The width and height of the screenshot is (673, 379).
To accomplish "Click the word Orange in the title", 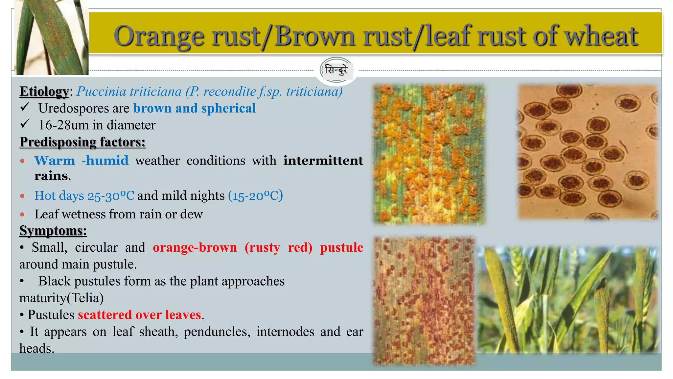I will pos(159,36).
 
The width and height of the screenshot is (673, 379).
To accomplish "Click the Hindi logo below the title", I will pos(336,70).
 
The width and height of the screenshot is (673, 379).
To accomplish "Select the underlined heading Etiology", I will pos(44,91).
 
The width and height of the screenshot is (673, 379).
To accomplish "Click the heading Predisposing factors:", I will pos(82,142).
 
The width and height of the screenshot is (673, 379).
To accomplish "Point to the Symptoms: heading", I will pos(53,231).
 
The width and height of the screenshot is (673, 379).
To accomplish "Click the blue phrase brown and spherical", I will pos(194,108).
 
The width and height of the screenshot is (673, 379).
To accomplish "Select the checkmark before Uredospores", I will pos(25,107).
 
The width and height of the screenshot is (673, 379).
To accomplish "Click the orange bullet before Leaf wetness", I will pos(22,215).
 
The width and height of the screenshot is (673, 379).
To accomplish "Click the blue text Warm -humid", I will pos(81,161).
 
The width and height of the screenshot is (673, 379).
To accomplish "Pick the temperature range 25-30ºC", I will pos(110,196).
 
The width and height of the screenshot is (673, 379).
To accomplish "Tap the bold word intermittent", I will pos(323,161).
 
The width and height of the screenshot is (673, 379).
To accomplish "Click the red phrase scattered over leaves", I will pos(139,315).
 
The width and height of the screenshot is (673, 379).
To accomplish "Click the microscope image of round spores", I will pos(587,152).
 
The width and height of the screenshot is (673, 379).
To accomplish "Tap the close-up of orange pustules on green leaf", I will pos(429,155).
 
